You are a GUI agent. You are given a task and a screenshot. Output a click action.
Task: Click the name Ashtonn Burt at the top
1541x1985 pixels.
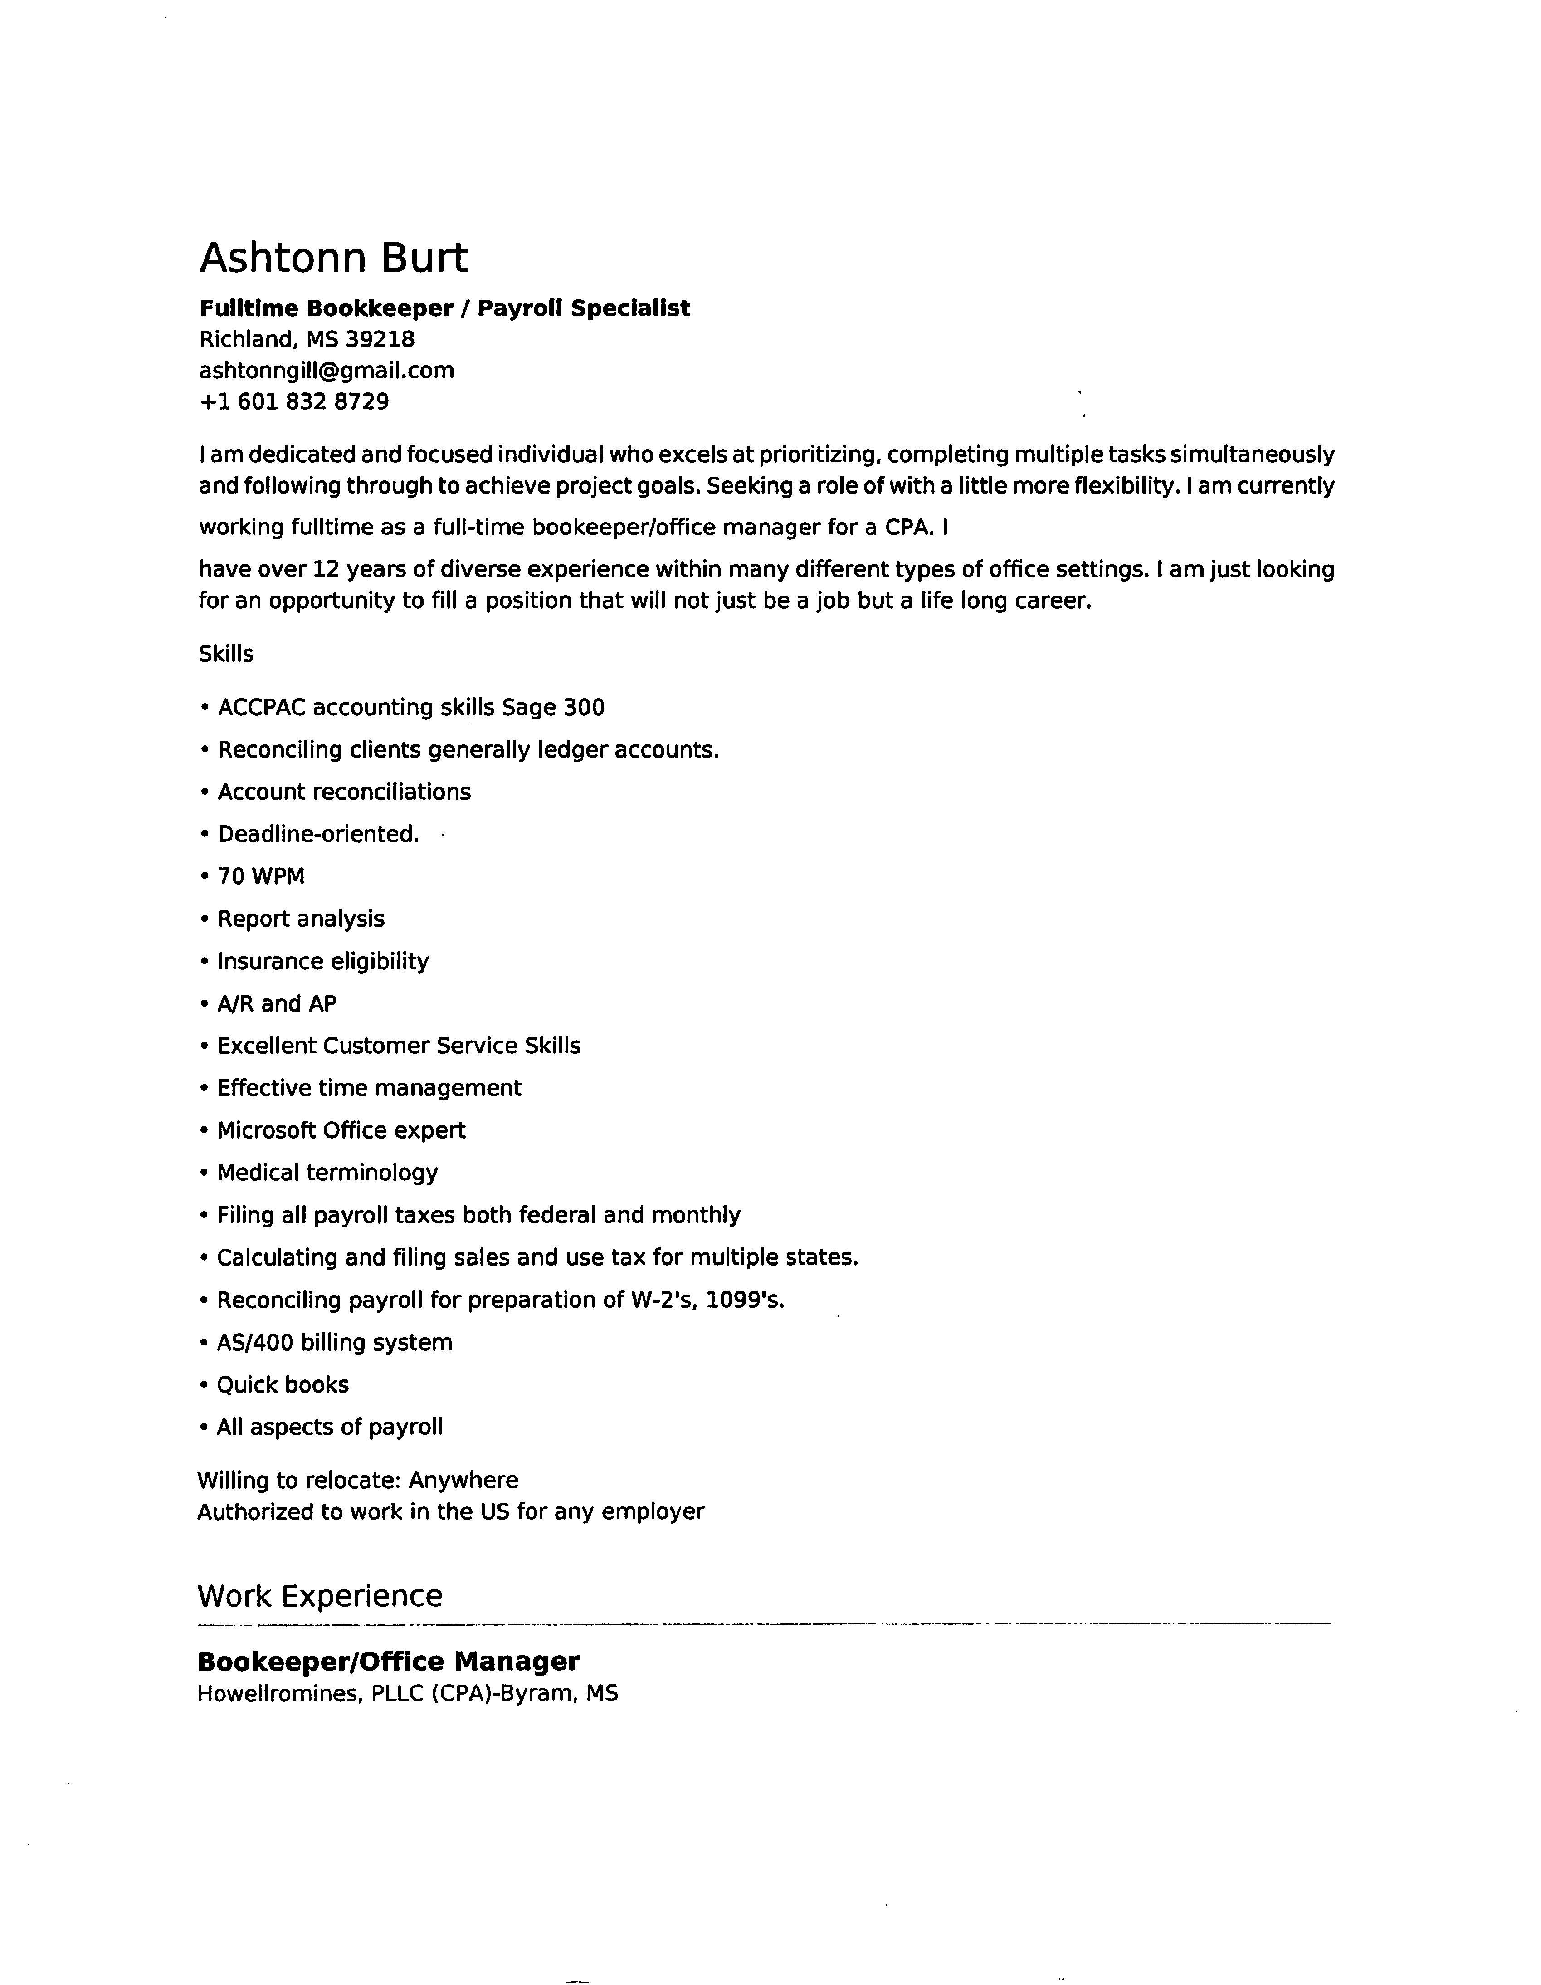(333, 258)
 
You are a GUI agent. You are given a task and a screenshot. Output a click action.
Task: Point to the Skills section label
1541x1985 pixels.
(226, 655)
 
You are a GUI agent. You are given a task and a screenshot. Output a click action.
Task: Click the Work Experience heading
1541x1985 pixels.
(320, 1596)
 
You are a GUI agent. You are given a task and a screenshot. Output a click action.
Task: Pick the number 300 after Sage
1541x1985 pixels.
(584, 707)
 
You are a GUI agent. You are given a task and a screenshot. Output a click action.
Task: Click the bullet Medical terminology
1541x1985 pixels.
(327, 1173)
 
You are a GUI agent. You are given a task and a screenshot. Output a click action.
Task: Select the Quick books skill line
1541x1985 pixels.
(283, 1384)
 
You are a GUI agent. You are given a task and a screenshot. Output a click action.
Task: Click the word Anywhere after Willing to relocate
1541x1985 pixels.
(463, 1481)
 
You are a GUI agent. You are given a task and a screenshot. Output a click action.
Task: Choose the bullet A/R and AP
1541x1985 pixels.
(277, 1003)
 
